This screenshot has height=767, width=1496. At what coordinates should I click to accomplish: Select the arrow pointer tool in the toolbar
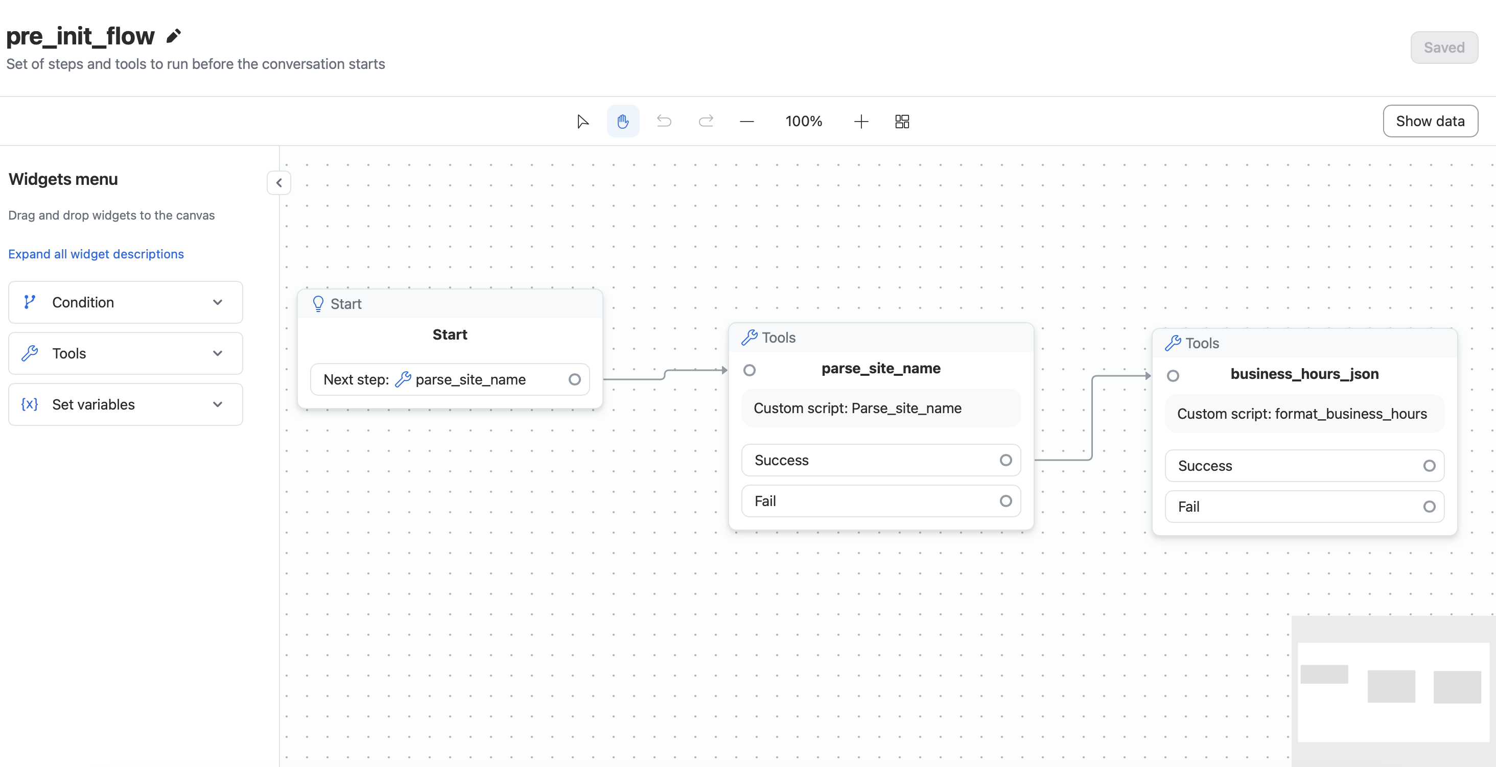tap(582, 122)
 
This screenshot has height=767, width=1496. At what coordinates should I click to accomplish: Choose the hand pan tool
tap(623, 122)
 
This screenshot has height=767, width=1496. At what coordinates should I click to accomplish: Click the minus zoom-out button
tap(747, 122)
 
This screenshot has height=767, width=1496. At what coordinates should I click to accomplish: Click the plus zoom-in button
tap(861, 122)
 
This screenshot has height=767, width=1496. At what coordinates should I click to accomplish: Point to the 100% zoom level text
tap(804, 122)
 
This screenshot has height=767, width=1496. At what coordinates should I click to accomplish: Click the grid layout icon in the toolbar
tap(902, 122)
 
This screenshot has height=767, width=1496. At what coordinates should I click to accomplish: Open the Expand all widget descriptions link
tap(96, 254)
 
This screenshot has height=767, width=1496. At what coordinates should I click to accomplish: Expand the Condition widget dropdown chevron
tap(218, 302)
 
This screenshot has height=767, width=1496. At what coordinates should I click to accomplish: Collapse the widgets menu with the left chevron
tap(279, 183)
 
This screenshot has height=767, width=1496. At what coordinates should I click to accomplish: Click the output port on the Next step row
tap(574, 380)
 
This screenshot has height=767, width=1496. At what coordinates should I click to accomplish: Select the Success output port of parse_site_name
tap(1006, 461)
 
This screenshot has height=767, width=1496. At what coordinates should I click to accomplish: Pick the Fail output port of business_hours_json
tap(1429, 507)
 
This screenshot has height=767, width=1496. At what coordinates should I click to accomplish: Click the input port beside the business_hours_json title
tap(1173, 376)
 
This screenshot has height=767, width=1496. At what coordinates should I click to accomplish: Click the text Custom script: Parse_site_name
tap(857, 408)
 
